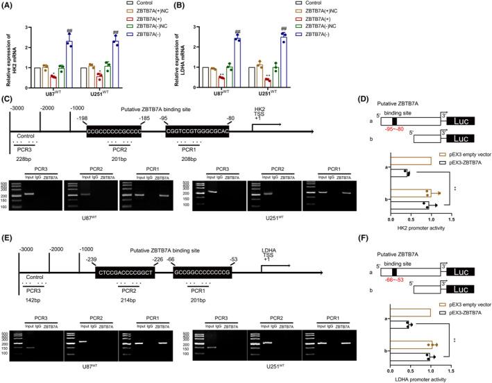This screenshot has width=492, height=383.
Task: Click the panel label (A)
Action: [x=9, y=6]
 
